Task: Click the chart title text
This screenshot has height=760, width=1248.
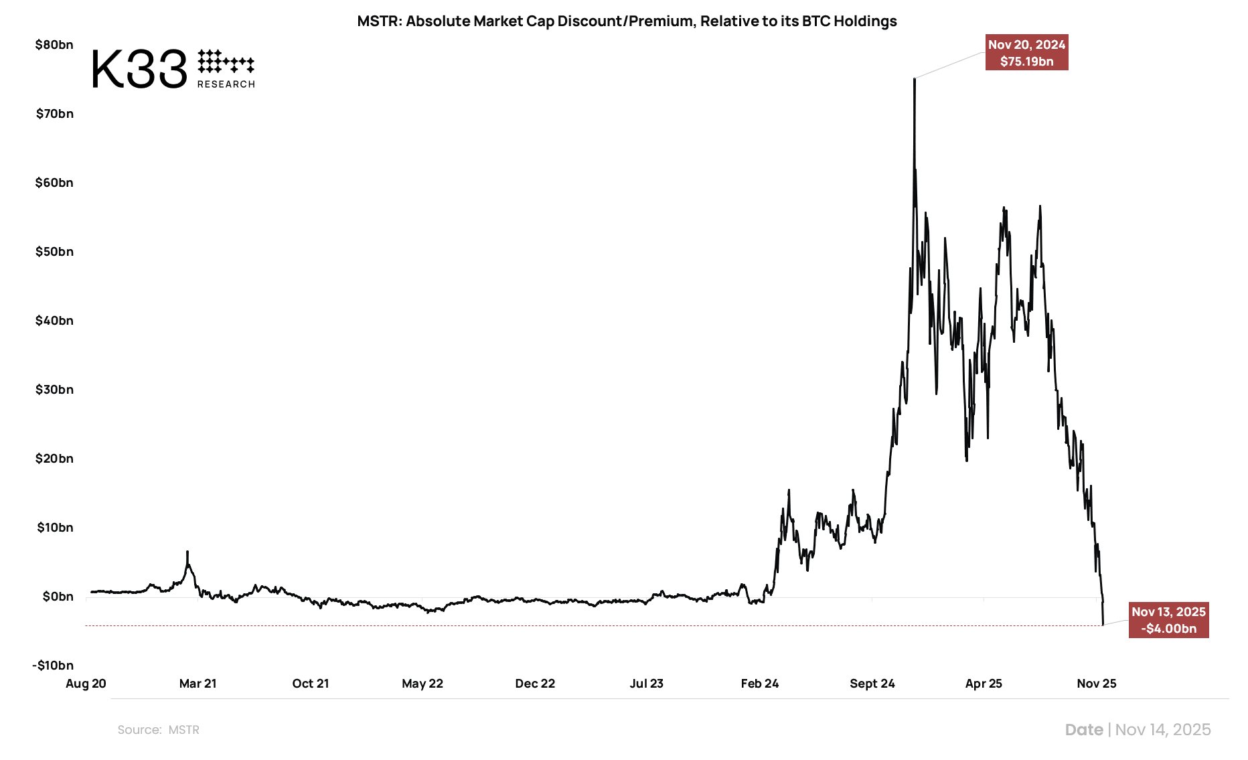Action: click(627, 21)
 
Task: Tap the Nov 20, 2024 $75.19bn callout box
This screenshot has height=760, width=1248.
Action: click(1026, 53)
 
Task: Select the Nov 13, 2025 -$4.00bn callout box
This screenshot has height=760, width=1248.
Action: click(1168, 620)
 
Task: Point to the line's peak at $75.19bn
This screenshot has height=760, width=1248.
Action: click(915, 79)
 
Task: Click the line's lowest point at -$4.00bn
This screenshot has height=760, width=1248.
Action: click(1103, 625)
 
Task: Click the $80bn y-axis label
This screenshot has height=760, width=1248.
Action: click(54, 45)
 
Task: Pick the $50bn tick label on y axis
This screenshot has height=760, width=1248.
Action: click(54, 252)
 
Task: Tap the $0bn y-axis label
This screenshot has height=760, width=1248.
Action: click(58, 597)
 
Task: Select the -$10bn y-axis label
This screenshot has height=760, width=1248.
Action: click(53, 666)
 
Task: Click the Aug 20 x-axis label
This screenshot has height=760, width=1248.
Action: click(86, 684)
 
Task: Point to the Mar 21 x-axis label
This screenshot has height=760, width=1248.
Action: click(198, 684)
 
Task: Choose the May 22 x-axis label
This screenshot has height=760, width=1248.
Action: click(422, 684)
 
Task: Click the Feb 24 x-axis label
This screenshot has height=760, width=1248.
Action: click(760, 684)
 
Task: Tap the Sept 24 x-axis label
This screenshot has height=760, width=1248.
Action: click(872, 684)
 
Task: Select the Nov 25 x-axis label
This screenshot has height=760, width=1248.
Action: click(1097, 684)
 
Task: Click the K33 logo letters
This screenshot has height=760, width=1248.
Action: click(139, 69)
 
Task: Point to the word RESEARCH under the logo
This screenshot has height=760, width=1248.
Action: click(226, 84)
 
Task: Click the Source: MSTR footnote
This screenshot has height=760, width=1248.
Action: click(159, 730)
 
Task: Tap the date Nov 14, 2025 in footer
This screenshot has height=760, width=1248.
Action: click(1163, 730)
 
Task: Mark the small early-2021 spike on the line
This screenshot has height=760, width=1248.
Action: click(187, 553)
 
